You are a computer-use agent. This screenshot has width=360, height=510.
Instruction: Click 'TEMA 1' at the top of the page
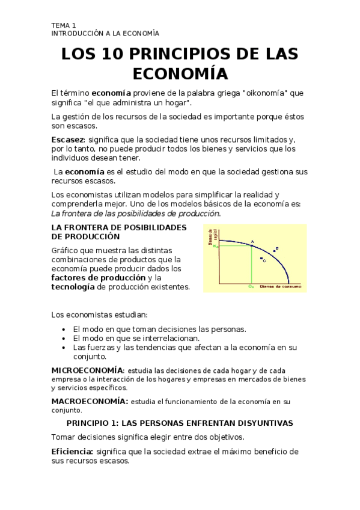64,25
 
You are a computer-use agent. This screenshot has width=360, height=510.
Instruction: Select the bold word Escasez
67,140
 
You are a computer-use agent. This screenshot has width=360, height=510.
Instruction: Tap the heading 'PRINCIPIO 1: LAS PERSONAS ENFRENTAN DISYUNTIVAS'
180,423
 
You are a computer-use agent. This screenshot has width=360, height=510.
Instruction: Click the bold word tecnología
73,287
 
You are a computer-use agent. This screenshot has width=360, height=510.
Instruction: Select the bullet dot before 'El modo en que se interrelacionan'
64,338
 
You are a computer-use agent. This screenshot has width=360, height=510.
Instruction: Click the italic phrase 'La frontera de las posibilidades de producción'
136,213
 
